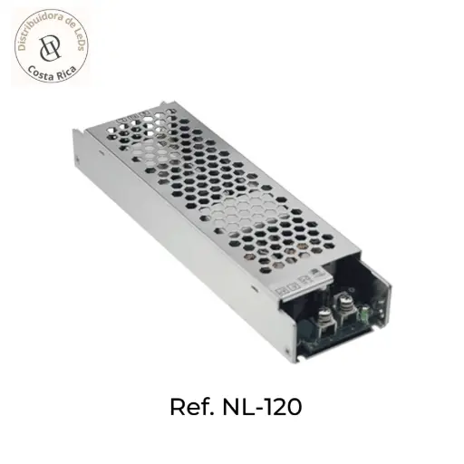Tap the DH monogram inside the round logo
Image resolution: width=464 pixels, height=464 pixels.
coord(52,45)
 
